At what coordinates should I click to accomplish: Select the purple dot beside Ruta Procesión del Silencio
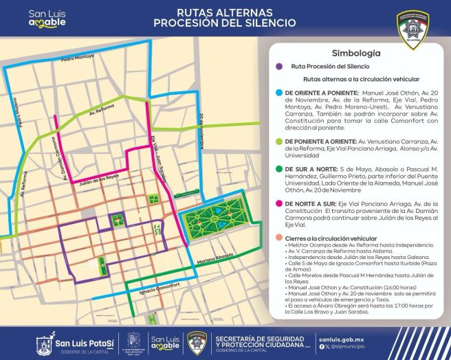coord(278,67)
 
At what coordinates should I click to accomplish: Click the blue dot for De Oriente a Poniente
coord(278,92)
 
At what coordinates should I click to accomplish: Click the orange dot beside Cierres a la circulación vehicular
coord(278,237)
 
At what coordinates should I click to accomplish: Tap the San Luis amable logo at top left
coord(47,17)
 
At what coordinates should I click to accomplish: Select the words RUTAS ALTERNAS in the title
coord(214,12)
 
